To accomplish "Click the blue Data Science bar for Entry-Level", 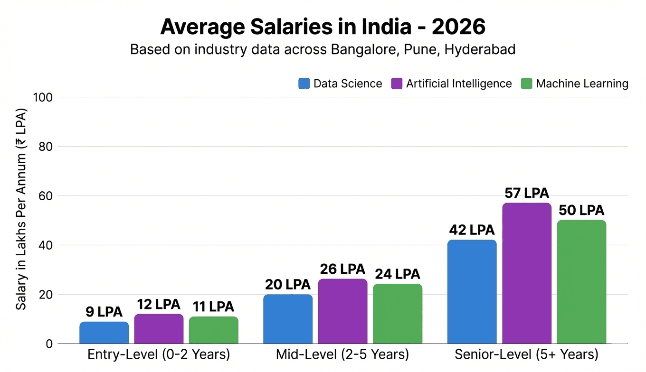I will (x=104, y=333).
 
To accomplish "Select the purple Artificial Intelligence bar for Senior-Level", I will (x=526, y=273).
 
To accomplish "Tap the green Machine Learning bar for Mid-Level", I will (x=397, y=314).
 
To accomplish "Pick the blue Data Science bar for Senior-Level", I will (x=472, y=292).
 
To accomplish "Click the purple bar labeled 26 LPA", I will (x=342, y=311).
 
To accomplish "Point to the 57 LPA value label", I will (x=526, y=193).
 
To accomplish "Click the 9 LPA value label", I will (x=104, y=312).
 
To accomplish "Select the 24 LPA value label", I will (x=397, y=274).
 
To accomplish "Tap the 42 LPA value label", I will (x=472, y=230).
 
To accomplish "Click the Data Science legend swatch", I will (x=304, y=84).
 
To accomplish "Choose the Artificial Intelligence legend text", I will (x=459, y=84).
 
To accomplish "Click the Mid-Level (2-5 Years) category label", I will (x=342, y=354).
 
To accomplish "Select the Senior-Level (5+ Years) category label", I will (x=526, y=354).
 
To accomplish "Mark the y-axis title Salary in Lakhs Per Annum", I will (x=21, y=209).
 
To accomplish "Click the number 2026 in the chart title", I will (x=458, y=27).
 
